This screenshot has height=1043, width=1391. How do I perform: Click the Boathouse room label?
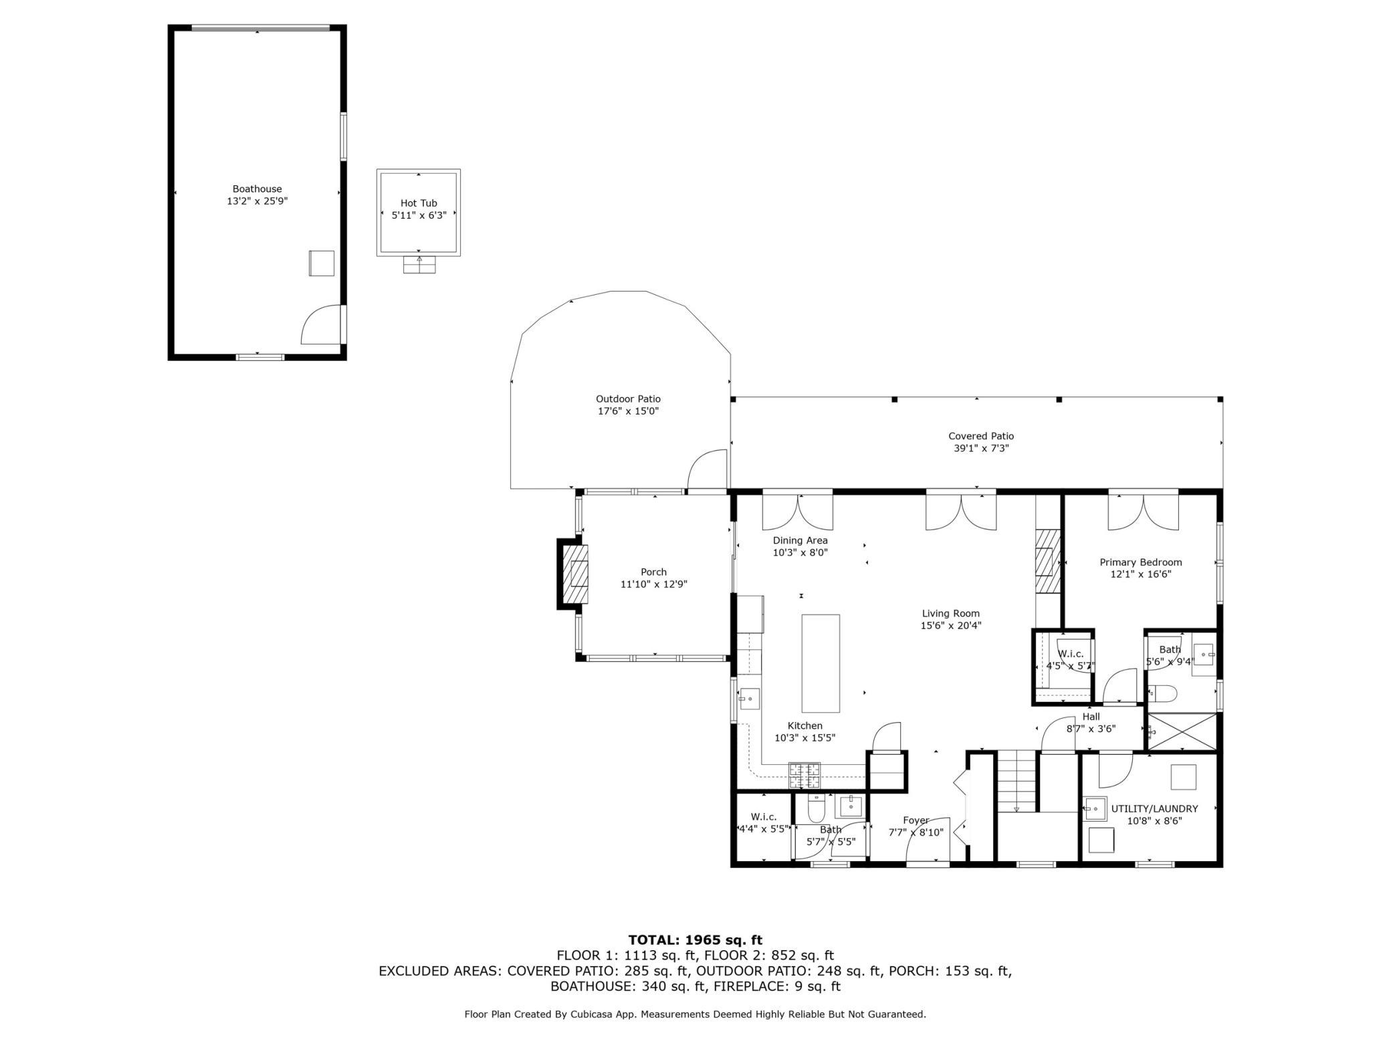click(x=257, y=189)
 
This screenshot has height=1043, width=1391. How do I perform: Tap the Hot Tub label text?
click(x=419, y=203)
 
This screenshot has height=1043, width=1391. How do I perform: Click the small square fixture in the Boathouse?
click(x=321, y=263)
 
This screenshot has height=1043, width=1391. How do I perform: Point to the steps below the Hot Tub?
click(x=419, y=265)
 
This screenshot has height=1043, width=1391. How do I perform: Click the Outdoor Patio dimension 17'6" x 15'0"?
click(x=628, y=411)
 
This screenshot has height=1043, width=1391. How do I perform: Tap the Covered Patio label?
click(x=980, y=436)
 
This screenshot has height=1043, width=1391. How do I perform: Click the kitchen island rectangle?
click(x=821, y=663)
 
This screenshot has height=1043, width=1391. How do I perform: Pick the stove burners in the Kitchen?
click(x=805, y=776)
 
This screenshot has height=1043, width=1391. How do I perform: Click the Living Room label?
click(x=950, y=613)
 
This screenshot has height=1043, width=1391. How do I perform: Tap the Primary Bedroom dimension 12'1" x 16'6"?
click(x=1140, y=574)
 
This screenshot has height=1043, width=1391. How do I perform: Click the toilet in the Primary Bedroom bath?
click(x=1162, y=694)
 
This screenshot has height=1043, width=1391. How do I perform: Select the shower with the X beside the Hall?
click(x=1182, y=731)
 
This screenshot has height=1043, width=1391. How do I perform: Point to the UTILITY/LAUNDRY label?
click(x=1154, y=808)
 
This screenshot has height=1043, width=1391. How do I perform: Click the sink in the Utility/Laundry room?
click(x=1095, y=808)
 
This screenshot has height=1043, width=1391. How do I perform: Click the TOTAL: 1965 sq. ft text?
click(x=695, y=940)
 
